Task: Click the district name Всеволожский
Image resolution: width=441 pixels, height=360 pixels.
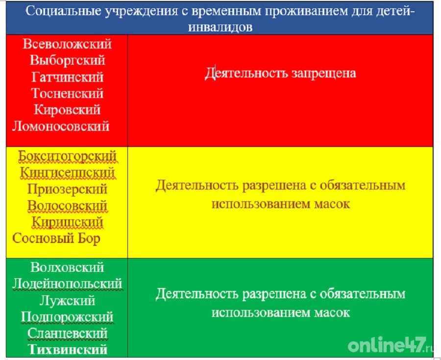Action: (67, 44)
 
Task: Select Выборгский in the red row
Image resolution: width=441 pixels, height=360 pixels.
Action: (67, 61)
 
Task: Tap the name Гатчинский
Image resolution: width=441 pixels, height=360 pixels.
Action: (67, 77)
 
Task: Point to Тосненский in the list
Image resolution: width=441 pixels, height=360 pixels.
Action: (67, 94)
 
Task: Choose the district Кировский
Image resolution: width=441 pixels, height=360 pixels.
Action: (67, 110)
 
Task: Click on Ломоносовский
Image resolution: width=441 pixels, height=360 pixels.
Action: (61, 126)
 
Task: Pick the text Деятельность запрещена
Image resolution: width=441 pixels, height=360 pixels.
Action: (280, 73)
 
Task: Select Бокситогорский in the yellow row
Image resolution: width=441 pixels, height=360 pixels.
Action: (67, 157)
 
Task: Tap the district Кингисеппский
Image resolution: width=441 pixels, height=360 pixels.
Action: (67, 173)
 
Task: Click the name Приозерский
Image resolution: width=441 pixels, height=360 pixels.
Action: (67, 190)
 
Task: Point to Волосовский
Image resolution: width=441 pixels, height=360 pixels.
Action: (67, 206)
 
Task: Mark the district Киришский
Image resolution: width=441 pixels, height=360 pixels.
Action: (67, 222)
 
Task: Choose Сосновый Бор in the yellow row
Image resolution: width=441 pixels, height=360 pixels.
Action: (56, 239)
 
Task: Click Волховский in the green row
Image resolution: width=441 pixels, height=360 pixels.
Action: (67, 267)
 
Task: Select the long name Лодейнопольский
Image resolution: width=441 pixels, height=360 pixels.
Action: (67, 284)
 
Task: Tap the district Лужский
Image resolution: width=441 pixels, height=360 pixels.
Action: (67, 301)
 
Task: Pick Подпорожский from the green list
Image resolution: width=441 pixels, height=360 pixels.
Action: (67, 317)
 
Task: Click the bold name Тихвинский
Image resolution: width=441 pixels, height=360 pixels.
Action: (67, 350)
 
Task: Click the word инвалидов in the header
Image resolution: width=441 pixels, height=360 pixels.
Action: (220, 26)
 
